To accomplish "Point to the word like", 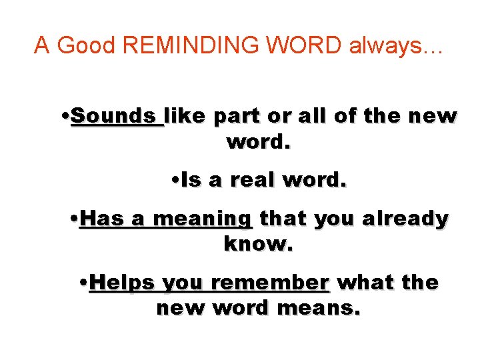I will point(187,116).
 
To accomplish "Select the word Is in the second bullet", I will point(191,180).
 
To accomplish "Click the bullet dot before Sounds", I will point(65,115).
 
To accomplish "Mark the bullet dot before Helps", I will point(82,281).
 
